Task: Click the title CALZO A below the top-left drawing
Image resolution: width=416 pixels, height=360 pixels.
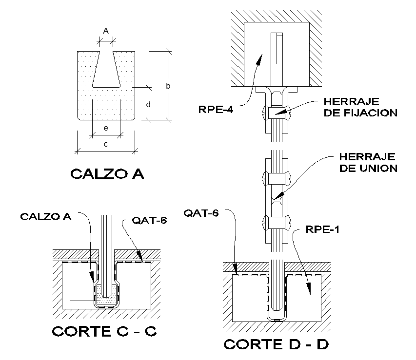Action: (x=107, y=174)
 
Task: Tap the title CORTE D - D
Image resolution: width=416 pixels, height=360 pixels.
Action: (x=276, y=344)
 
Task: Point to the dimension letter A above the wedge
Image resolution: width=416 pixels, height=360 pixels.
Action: (x=106, y=30)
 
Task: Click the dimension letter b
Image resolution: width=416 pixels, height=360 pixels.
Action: (x=168, y=86)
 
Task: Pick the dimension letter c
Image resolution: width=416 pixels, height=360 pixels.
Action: (x=105, y=144)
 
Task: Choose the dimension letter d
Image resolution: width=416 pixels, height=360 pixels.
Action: (x=149, y=104)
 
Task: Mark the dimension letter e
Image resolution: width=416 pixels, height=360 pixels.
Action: (x=105, y=128)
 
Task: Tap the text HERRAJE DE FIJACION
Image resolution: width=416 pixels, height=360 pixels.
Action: (x=360, y=108)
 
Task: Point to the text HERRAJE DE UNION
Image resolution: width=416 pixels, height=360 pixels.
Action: (x=368, y=163)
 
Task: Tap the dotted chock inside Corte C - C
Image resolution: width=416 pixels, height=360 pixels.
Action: (x=106, y=293)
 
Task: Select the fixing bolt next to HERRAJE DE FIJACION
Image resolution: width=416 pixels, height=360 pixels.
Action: (x=277, y=113)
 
